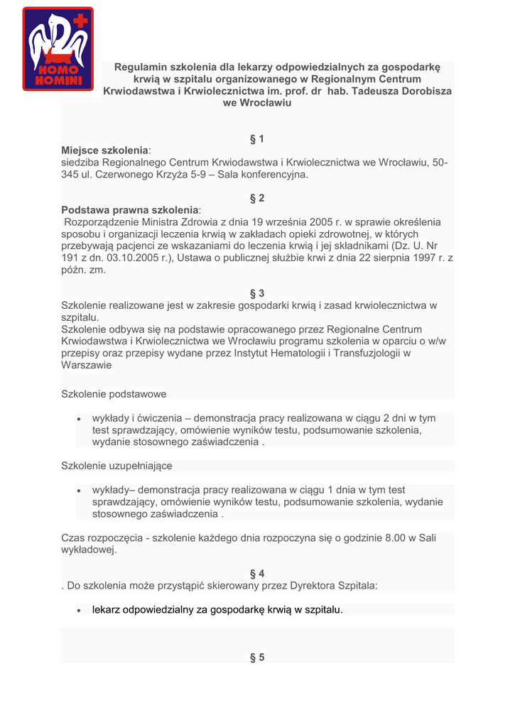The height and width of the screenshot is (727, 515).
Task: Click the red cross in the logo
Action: coord(80,21)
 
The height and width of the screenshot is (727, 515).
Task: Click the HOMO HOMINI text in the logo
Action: coord(58,76)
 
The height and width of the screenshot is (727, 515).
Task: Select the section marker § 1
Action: coord(257,138)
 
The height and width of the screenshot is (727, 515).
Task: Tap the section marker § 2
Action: coord(257,198)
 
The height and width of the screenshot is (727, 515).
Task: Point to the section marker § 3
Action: coord(257,293)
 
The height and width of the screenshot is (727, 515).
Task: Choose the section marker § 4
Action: coord(257,574)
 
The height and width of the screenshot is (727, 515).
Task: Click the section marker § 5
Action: coord(257,657)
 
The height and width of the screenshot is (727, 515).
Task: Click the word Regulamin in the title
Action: coord(140,67)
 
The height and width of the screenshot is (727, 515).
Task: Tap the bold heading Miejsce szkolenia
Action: coord(105,151)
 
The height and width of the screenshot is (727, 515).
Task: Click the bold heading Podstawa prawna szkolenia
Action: coord(130,210)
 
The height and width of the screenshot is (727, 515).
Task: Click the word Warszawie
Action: coord(87,366)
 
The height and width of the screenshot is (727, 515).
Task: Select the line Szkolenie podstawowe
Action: coord(114,394)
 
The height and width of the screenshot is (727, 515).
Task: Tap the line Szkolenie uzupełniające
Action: coord(117,466)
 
